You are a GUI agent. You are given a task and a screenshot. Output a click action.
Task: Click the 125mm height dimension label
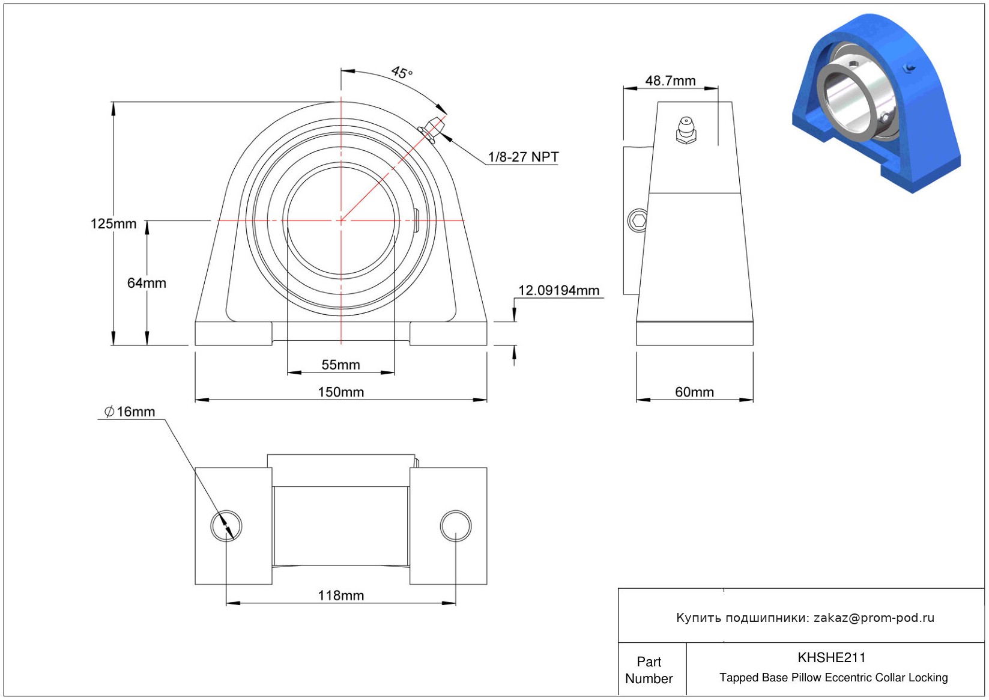[113, 224]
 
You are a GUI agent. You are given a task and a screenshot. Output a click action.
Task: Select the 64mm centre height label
[147, 283]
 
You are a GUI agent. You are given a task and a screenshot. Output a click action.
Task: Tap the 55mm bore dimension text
[340, 365]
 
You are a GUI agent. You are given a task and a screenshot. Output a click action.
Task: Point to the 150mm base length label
[341, 392]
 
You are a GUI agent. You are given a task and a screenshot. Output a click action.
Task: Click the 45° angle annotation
[402, 73]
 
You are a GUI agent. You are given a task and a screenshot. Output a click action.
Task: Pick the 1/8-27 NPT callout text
[523, 157]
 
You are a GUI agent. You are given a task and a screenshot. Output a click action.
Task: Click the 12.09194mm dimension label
[558, 290]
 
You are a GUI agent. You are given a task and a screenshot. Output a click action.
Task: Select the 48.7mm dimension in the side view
[670, 81]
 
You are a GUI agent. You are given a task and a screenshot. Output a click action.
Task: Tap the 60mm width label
[694, 392]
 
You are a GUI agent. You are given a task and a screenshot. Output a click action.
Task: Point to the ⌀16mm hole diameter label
[129, 412]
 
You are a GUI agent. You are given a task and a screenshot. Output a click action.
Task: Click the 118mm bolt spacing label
[341, 595]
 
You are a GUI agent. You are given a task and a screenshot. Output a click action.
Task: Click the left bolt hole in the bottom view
[226, 525]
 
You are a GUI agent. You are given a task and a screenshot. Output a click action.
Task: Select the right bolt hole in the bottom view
[456, 525]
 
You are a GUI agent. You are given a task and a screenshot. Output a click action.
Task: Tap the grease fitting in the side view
[686, 130]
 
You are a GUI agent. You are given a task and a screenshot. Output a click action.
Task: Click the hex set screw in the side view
[638, 220]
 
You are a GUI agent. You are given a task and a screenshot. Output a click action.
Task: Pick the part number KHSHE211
[832, 657]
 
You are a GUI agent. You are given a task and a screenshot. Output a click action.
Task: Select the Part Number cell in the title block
[649, 670]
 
